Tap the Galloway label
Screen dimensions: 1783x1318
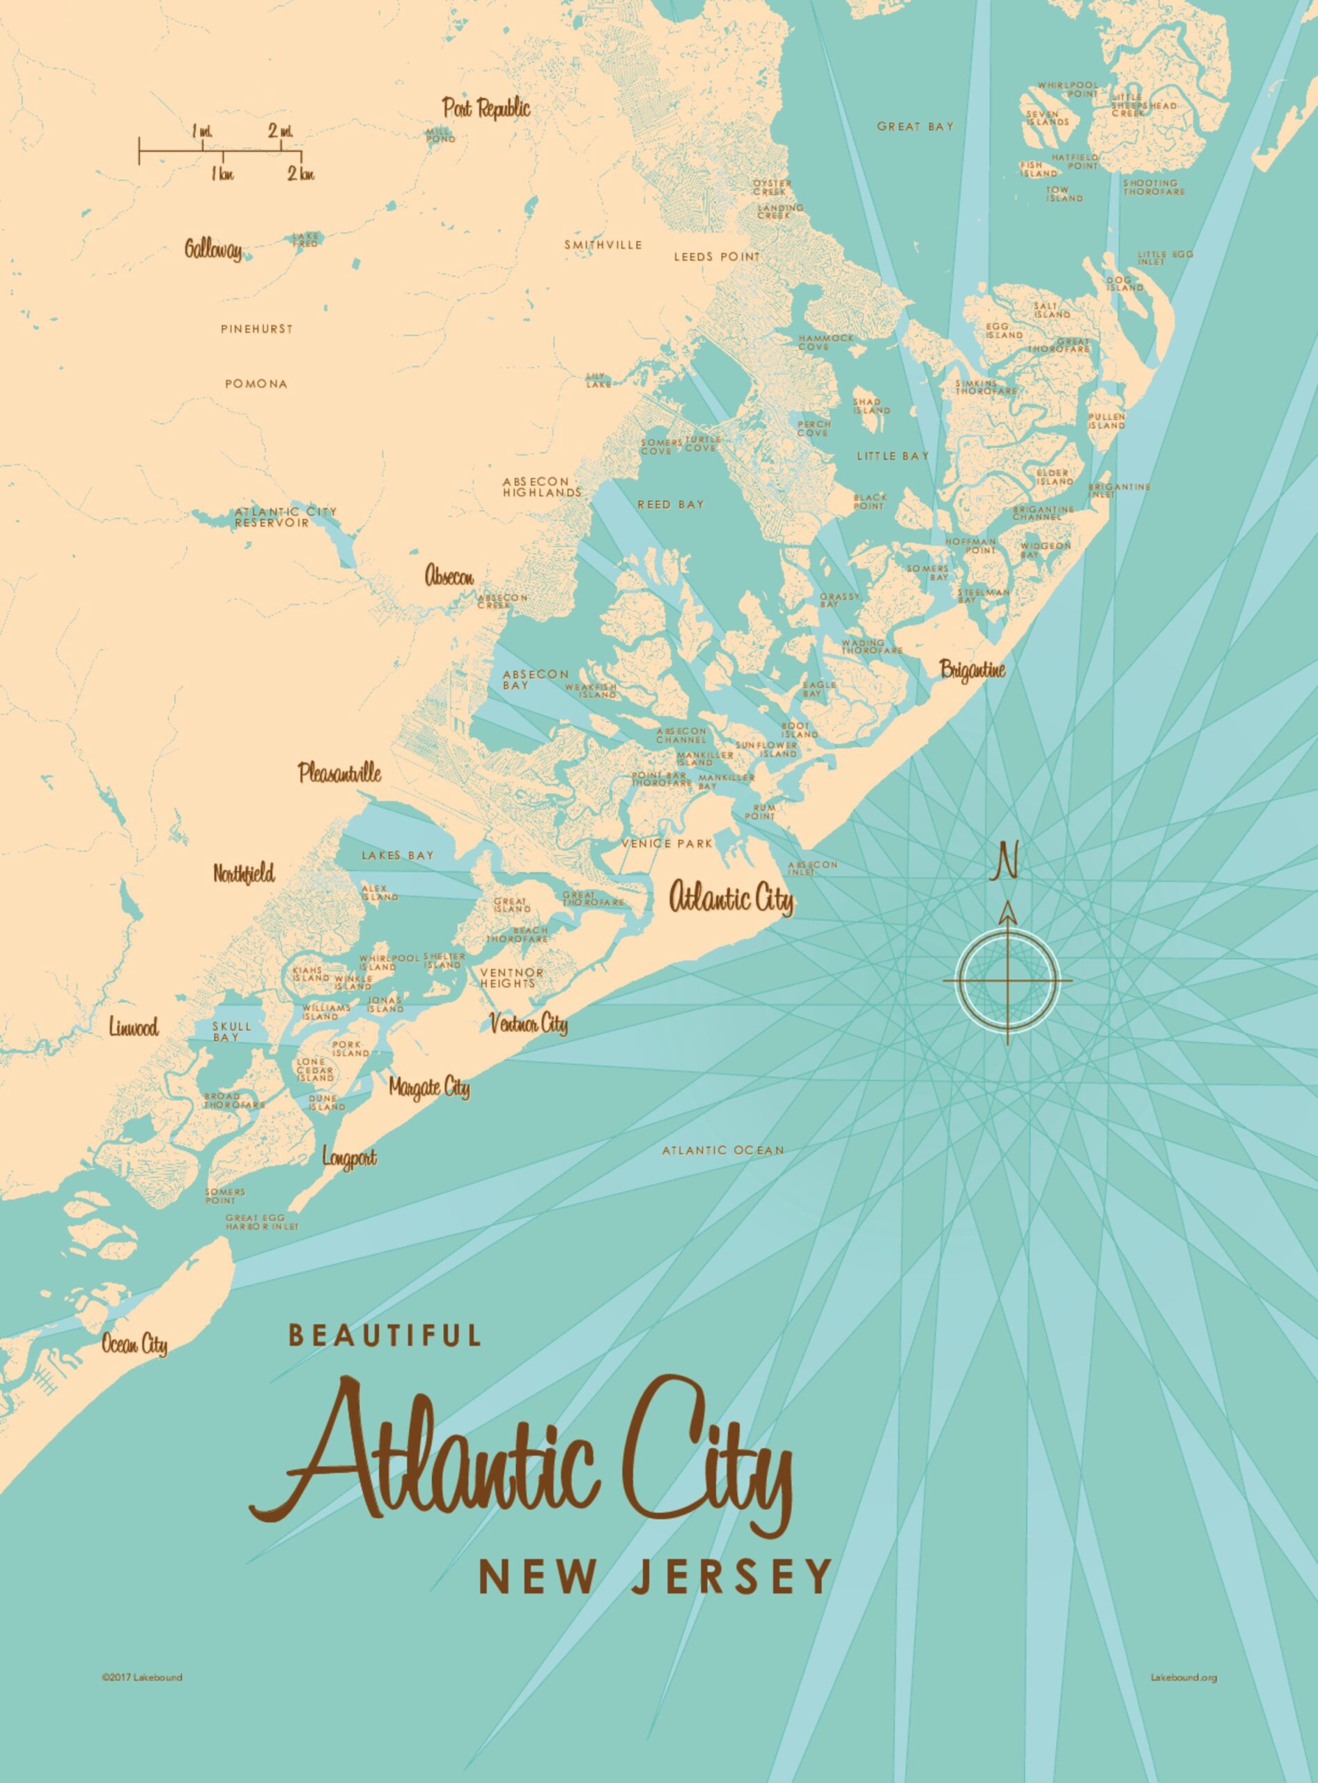213,250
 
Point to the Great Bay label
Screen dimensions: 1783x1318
915,126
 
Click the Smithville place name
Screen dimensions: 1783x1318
603,245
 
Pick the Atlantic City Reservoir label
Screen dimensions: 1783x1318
285,517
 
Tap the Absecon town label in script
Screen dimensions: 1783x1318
449,576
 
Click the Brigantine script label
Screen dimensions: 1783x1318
972,670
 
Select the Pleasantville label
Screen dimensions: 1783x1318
340,772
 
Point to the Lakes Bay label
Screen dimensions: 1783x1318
397,855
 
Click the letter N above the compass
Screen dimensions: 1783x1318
1005,863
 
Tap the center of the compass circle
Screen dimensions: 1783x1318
1007,980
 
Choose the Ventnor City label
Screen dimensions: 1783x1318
528,1024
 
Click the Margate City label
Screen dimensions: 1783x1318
429,1087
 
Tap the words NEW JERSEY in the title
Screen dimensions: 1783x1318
654,1576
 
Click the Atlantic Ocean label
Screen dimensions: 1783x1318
723,1151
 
